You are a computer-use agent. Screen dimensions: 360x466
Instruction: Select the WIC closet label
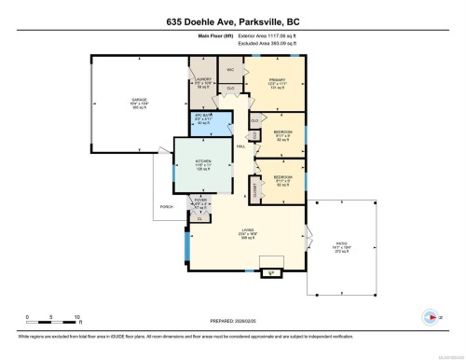point(229,70)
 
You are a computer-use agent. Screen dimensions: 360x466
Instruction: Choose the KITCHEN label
point(203,160)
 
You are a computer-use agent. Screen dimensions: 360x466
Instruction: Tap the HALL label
point(240,146)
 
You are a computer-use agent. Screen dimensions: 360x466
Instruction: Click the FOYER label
point(200,199)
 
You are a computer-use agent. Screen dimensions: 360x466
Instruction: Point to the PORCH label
point(167,206)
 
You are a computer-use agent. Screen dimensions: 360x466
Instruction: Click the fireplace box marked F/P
point(271,273)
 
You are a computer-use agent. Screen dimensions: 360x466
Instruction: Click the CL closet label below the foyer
point(199,218)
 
